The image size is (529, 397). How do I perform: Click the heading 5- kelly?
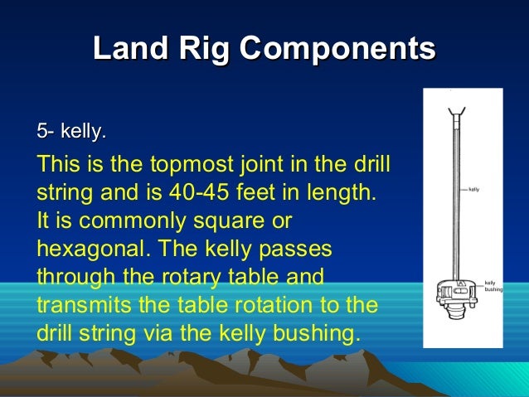[71, 131]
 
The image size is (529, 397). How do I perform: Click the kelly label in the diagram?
[474, 190]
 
